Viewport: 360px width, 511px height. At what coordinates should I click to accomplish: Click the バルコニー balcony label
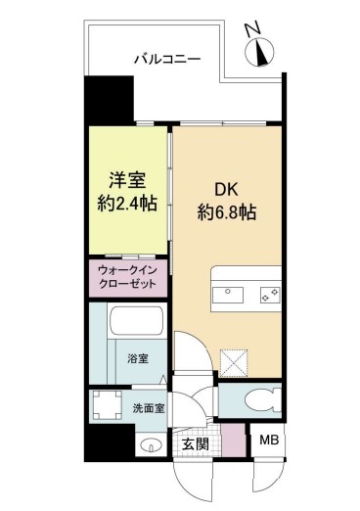(167, 60)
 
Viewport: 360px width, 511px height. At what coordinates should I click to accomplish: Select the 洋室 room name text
(127, 181)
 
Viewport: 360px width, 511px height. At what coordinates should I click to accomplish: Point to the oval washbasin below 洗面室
(149, 446)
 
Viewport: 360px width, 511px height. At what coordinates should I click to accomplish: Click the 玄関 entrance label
(195, 446)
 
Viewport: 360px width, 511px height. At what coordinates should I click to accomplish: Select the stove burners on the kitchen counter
(269, 293)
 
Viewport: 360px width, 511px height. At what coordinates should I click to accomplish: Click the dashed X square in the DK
(235, 364)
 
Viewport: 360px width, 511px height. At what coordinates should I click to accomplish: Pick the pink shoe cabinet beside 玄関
(231, 438)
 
